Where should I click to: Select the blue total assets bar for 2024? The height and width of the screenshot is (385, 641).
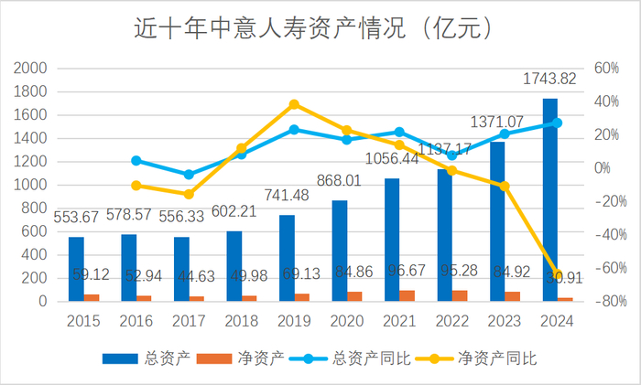point(550,199)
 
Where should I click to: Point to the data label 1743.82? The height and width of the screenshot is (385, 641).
point(549,80)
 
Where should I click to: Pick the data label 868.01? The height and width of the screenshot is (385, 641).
point(343,182)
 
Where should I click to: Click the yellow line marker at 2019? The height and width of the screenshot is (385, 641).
point(294,104)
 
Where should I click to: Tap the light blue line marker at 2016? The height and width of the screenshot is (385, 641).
point(136,161)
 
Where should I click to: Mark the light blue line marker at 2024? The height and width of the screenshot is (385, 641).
point(558,123)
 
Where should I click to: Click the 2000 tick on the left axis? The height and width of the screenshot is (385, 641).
point(32,69)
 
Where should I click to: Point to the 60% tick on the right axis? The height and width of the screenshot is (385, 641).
point(607,69)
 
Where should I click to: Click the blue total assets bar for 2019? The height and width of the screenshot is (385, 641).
point(287,258)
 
